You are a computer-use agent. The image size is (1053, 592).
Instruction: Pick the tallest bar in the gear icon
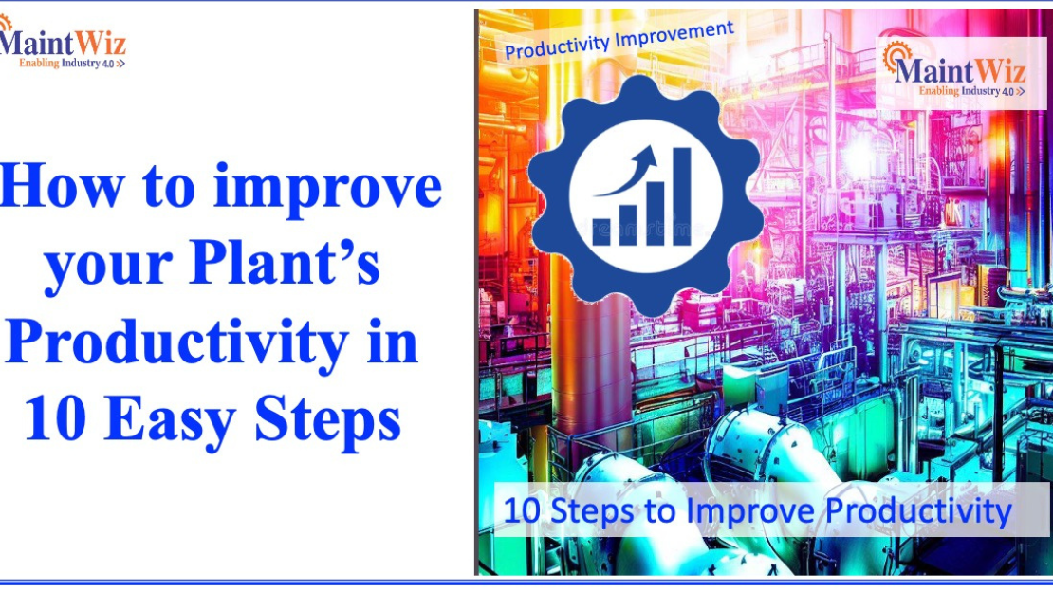pyautogui.click(x=681, y=195)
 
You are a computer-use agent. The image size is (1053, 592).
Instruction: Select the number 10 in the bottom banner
pyautogui.click(x=520, y=511)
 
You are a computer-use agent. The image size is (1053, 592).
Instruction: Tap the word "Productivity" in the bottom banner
pyautogui.click(x=918, y=511)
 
